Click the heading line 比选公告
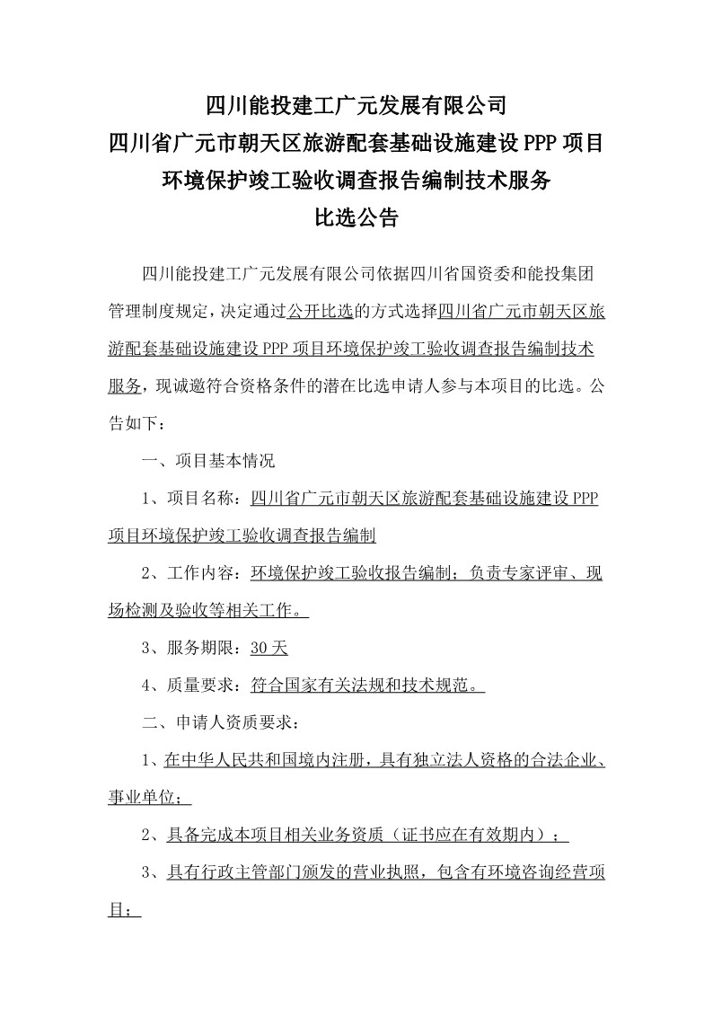(356, 217)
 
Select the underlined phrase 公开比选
(318, 311)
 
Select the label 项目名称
(203, 500)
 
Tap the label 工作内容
(203, 574)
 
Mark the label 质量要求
(203, 686)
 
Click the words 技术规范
(438, 686)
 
